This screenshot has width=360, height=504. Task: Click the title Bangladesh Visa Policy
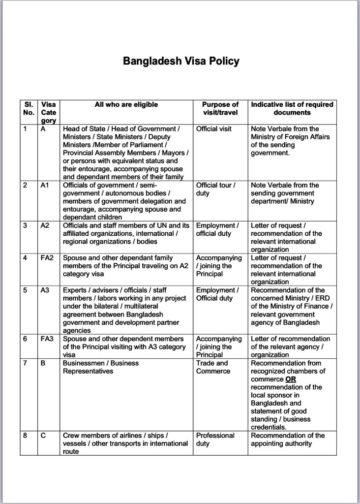click(181, 61)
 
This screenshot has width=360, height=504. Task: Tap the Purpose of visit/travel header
click(220, 108)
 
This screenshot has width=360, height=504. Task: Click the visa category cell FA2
click(47, 258)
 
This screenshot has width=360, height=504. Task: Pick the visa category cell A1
click(45, 185)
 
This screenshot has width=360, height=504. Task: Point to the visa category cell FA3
click(47, 339)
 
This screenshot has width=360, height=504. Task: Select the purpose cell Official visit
click(213, 129)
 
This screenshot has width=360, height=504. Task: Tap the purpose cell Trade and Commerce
click(213, 367)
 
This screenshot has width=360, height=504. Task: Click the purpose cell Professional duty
click(215, 440)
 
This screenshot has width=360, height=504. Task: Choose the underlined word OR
click(291, 379)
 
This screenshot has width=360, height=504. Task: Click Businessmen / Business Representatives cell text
click(101, 367)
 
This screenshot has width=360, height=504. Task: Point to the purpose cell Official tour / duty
click(216, 189)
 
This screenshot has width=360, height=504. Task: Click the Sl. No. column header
click(29, 108)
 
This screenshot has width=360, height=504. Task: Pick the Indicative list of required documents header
click(292, 108)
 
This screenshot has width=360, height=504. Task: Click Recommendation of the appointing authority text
click(288, 440)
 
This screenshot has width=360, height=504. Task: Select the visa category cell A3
click(45, 290)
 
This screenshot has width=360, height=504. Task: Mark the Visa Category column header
click(48, 112)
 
